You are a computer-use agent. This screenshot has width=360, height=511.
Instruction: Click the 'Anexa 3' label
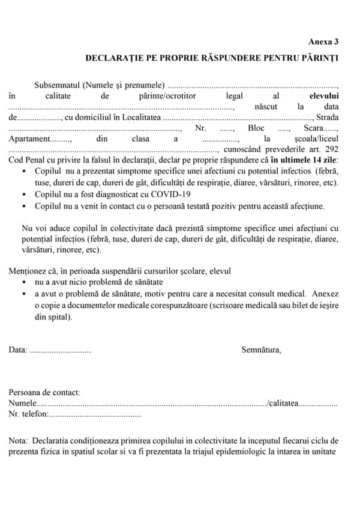point(323,42)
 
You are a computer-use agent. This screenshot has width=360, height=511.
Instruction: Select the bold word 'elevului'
point(323,95)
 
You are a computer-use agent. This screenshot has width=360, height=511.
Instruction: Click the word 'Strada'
point(327,117)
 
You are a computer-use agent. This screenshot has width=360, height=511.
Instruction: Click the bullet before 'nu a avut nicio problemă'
point(23,282)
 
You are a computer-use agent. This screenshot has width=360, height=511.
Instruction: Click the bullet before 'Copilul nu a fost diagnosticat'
point(23,194)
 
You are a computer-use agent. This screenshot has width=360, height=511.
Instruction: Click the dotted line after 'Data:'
point(60,350)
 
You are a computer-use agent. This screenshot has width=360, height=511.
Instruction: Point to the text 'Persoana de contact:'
point(44,393)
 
